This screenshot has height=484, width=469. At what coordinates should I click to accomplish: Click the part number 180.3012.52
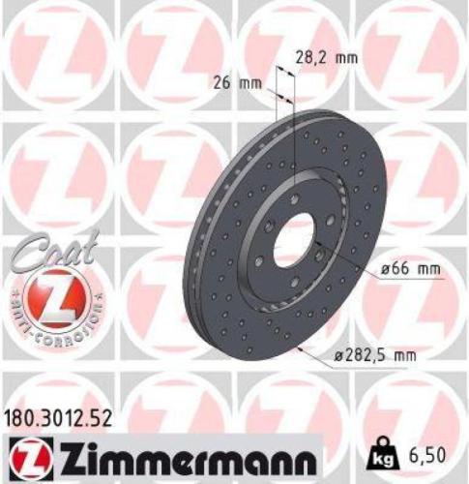point(64,417)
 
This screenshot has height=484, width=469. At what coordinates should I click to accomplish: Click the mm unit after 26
point(252,83)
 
